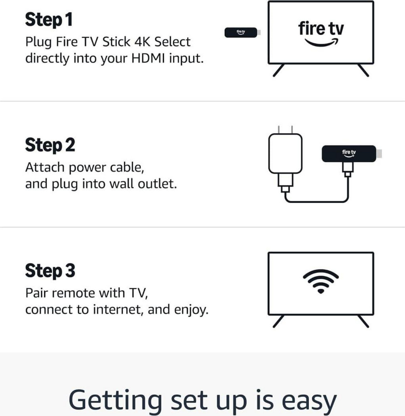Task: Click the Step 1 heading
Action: (49, 20)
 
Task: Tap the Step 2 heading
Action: (50, 145)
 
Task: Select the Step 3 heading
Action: (50, 271)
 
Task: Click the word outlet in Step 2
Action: (157, 183)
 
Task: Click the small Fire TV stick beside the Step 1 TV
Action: (242, 32)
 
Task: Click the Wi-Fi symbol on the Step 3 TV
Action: (321, 281)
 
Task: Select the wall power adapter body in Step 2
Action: (285, 154)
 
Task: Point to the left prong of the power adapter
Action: (279, 130)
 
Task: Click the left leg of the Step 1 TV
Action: (279, 70)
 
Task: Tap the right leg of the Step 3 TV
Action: (363, 321)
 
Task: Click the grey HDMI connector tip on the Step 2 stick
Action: (379, 154)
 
